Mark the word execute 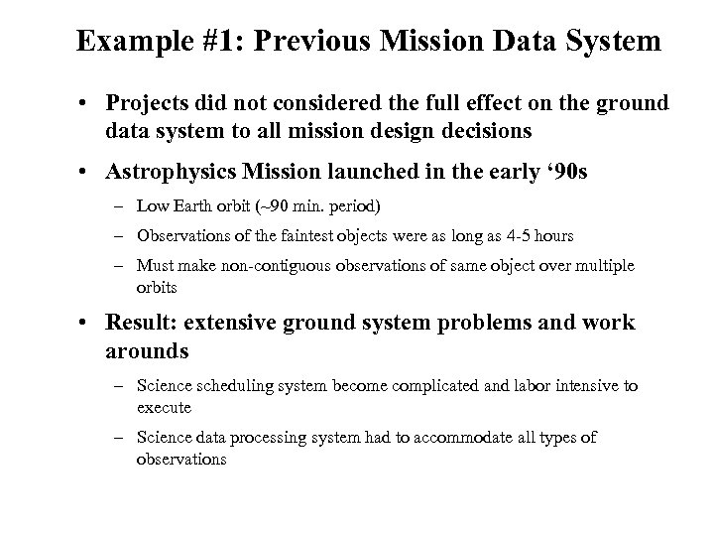165,408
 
